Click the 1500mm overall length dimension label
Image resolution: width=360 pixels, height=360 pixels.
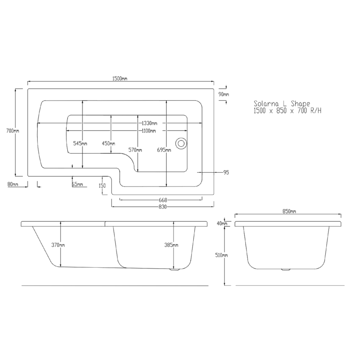click(120, 79)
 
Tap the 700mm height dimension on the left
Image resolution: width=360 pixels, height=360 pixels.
click(13, 131)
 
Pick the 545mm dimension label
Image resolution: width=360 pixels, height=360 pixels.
click(81, 143)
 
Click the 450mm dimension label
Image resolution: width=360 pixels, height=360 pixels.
click(108, 143)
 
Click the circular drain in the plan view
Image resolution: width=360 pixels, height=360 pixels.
click(181, 143)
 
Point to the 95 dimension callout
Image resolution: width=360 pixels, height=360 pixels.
click(226, 172)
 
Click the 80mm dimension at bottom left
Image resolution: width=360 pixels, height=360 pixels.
click(13, 184)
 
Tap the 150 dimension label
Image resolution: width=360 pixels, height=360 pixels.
click(102, 186)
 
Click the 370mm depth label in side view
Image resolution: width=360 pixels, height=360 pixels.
click(58, 245)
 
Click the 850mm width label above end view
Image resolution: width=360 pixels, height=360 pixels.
click(290, 211)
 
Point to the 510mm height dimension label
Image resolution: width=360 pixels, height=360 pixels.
click(221, 255)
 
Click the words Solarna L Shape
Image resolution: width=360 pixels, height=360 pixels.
click(282, 103)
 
